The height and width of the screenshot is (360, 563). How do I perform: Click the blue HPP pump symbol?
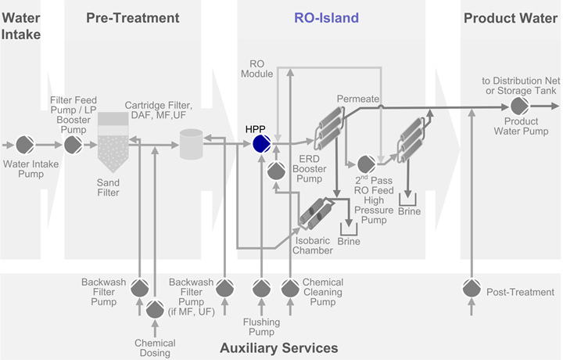coord(261,144)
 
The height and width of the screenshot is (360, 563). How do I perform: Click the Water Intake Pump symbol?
coord(26,145)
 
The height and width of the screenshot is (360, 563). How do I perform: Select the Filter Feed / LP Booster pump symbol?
coord(73,145)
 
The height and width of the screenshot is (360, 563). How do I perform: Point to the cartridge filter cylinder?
coord(191,143)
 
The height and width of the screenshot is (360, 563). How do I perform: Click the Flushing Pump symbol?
coord(261,289)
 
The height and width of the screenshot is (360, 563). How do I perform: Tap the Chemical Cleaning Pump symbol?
coord(289,289)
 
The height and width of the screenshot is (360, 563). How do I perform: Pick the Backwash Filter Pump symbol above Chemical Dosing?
coord(140,289)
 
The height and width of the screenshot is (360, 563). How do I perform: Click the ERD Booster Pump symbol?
coord(275,170)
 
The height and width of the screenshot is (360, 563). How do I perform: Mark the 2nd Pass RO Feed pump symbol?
coord(365,165)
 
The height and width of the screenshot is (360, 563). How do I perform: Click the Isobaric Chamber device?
coord(315,213)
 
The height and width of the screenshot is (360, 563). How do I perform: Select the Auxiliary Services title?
coord(279,347)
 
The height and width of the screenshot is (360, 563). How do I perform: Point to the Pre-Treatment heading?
coord(132,18)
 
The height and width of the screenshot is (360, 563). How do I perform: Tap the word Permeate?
coord(357,99)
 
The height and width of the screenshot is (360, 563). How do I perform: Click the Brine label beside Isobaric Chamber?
coord(348,243)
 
